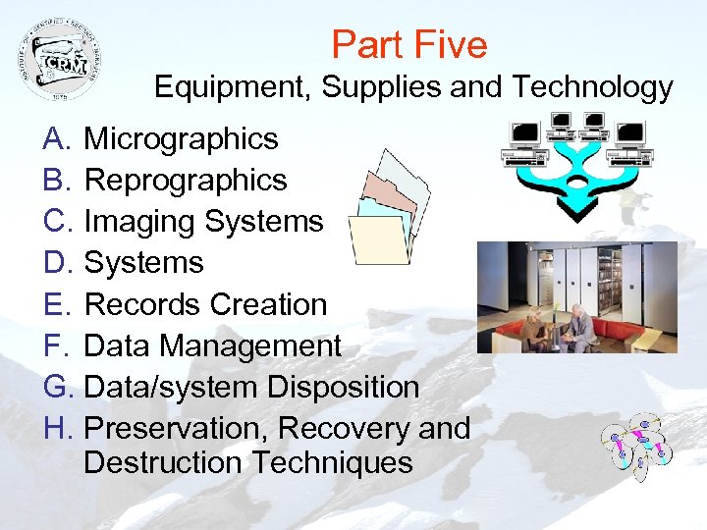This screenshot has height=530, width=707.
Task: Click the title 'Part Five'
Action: pyautogui.click(x=408, y=45)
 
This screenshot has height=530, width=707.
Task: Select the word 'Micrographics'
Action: pyautogui.click(x=181, y=139)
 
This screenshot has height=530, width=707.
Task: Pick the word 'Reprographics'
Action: pyautogui.click(x=186, y=181)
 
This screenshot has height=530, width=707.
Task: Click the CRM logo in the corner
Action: pyautogui.click(x=60, y=60)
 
